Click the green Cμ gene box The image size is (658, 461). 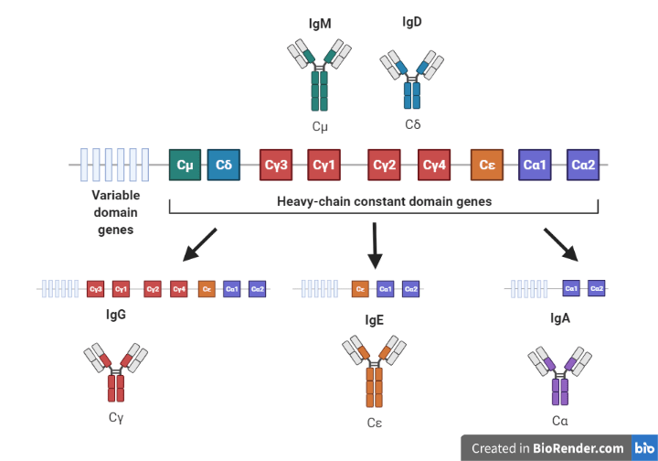[x=186, y=166]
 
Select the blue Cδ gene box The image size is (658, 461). [x=224, y=166]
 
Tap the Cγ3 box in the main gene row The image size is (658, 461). [x=276, y=166]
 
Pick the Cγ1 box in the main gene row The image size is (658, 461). [x=324, y=166]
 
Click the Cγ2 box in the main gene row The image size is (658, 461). [x=385, y=166]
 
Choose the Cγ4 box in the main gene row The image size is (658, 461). [x=433, y=166]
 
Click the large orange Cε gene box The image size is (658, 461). [x=487, y=166]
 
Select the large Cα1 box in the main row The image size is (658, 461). [x=535, y=166]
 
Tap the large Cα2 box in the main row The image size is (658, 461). [x=583, y=166]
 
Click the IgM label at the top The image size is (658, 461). [x=319, y=21]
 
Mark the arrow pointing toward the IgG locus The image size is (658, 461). [x=200, y=245]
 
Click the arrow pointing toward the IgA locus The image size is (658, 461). [x=561, y=245]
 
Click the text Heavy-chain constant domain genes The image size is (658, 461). [x=384, y=201]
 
